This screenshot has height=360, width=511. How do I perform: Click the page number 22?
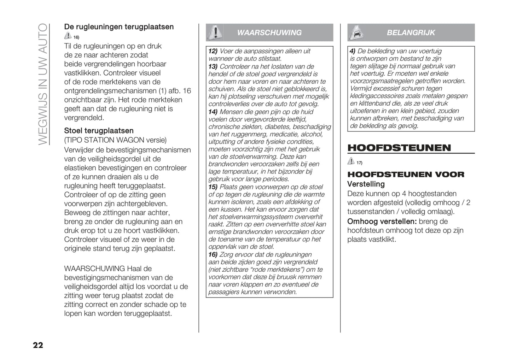[38, 345]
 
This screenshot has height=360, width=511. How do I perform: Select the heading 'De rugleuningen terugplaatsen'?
[119, 27]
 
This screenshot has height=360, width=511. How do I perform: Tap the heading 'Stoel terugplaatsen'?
[99, 131]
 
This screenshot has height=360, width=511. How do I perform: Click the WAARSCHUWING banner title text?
[269, 33]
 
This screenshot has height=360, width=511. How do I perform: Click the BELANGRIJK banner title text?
[411, 33]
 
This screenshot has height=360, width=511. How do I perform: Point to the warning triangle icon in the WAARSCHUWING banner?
[215, 33]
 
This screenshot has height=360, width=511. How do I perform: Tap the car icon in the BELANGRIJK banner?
[356, 33]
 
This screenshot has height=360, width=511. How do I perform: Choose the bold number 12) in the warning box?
[213, 51]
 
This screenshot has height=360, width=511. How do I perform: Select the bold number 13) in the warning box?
[213, 66]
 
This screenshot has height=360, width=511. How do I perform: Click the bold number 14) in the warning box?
[213, 112]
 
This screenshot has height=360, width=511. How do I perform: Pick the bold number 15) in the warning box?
[213, 187]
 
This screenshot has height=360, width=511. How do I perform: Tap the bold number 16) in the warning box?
[213, 254]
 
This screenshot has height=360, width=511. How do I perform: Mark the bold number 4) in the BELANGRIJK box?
[353, 51]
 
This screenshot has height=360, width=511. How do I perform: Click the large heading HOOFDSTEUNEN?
[399, 148]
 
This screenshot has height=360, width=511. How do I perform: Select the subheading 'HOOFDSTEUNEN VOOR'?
[406, 174]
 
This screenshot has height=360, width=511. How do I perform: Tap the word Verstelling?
[366, 184]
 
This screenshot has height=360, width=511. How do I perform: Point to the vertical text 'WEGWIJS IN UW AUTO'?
[42, 84]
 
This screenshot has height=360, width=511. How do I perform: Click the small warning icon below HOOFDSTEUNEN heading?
[351, 161]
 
